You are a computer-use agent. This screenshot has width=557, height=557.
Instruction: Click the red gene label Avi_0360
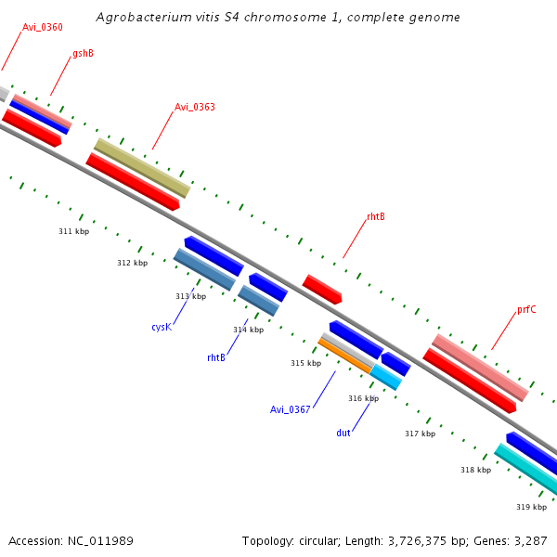43,27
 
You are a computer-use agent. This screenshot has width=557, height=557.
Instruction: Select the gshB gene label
83,54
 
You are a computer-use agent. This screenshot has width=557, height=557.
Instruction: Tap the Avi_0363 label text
195,107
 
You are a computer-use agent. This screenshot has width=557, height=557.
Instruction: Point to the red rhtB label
375,216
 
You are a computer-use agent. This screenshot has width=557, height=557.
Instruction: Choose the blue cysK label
161,327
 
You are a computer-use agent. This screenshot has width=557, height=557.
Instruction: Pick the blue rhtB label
216,356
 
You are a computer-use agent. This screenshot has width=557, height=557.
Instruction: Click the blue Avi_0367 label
291,409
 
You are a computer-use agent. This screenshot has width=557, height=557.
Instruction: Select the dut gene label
343,433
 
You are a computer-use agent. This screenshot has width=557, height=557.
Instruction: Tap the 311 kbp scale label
73,231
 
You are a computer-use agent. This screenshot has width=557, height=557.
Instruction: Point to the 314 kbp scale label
248,330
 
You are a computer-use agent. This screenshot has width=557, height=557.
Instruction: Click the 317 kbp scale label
420,434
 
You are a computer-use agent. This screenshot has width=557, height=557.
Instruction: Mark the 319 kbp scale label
531,507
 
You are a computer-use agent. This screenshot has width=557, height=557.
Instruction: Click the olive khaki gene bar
142,168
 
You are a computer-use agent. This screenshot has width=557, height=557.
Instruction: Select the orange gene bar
344,356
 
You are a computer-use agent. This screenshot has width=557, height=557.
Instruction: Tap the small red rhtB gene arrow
322,289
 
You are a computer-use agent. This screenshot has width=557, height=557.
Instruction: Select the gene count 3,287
529,540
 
